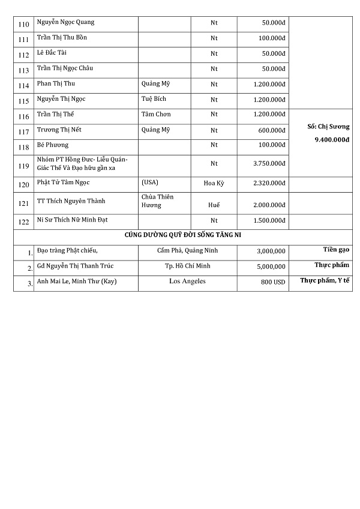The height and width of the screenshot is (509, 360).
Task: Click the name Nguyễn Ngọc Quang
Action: (x=65, y=23)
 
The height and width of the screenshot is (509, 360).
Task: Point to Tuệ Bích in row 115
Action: (x=154, y=99)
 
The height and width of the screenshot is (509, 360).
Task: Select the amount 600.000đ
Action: (x=272, y=130)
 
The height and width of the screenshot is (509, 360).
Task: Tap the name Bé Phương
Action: (x=53, y=145)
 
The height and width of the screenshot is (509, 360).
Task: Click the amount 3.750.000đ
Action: (x=269, y=163)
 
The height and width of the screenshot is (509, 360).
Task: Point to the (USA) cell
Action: (x=149, y=182)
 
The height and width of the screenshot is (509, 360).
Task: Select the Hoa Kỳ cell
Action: (x=214, y=182)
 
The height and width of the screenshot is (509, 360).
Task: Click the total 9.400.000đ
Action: (x=324, y=140)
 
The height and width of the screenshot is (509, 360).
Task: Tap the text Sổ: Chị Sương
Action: (x=324, y=127)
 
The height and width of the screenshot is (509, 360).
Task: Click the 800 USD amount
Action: (x=273, y=282)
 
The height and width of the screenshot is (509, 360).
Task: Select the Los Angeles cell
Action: (x=187, y=281)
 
